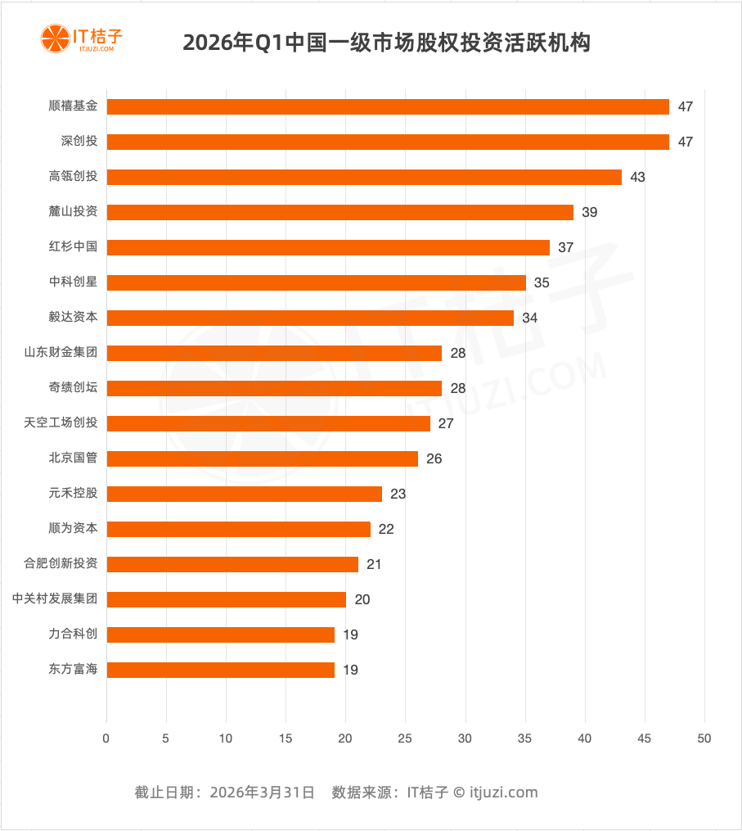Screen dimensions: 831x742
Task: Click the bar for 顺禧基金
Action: (x=388, y=106)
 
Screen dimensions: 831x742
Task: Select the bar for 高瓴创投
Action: (x=364, y=177)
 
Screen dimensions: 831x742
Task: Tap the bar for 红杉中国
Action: (x=328, y=247)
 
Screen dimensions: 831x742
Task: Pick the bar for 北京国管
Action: (x=263, y=458)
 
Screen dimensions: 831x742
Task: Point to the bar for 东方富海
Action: (x=221, y=670)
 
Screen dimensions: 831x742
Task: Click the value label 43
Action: (x=637, y=177)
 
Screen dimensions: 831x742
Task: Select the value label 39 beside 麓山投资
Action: (x=590, y=212)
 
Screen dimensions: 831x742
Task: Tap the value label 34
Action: (x=529, y=318)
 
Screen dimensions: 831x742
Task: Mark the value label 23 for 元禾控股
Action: (x=398, y=494)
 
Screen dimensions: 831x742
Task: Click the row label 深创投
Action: (x=79, y=141)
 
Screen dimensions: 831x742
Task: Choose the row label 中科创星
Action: (x=73, y=282)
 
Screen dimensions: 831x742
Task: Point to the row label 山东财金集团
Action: (x=61, y=352)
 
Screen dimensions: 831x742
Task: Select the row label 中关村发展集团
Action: (x=55, y=598)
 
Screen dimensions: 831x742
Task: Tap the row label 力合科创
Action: (x=73, y=634)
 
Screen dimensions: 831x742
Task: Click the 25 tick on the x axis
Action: (x=405, y=738)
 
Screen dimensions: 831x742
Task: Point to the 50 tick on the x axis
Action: (x=704, y=738)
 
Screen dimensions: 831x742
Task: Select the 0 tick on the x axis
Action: (x=106, y=738)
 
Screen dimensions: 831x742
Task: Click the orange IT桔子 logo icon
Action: (x=55, y=38)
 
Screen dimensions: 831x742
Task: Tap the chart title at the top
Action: (x=386, y=43)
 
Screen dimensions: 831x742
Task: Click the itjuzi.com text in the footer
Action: (x=504, y=792)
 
